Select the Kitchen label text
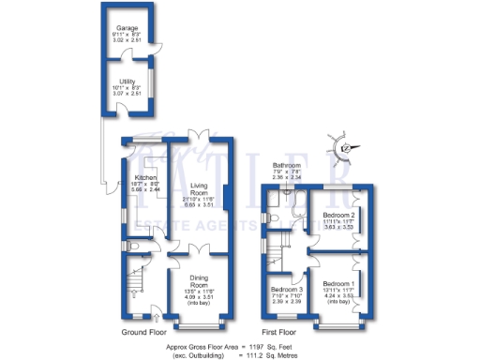click(145, 176)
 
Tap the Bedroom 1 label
click(338, 283)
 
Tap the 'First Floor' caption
click(281, 332)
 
